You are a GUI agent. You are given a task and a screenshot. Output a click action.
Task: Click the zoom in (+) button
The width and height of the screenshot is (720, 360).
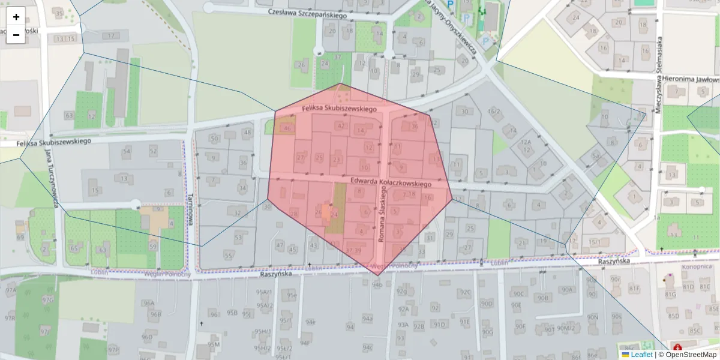pos(16,16)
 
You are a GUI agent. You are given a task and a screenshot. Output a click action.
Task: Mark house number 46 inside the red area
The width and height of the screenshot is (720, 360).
pos(288,128)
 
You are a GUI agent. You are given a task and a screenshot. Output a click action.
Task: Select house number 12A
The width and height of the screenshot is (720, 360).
pos(526,142)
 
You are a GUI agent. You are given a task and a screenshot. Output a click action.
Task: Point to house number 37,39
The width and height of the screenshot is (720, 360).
pos(353,250)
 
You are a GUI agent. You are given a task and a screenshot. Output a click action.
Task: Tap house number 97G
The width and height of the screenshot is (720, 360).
pos(47,299)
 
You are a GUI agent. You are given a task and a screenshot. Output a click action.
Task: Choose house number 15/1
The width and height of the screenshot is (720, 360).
pos(595,242)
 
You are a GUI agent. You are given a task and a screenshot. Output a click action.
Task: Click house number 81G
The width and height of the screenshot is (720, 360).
pos(670,295)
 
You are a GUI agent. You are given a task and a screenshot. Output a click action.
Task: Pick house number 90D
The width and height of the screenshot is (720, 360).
pos(487,304)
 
